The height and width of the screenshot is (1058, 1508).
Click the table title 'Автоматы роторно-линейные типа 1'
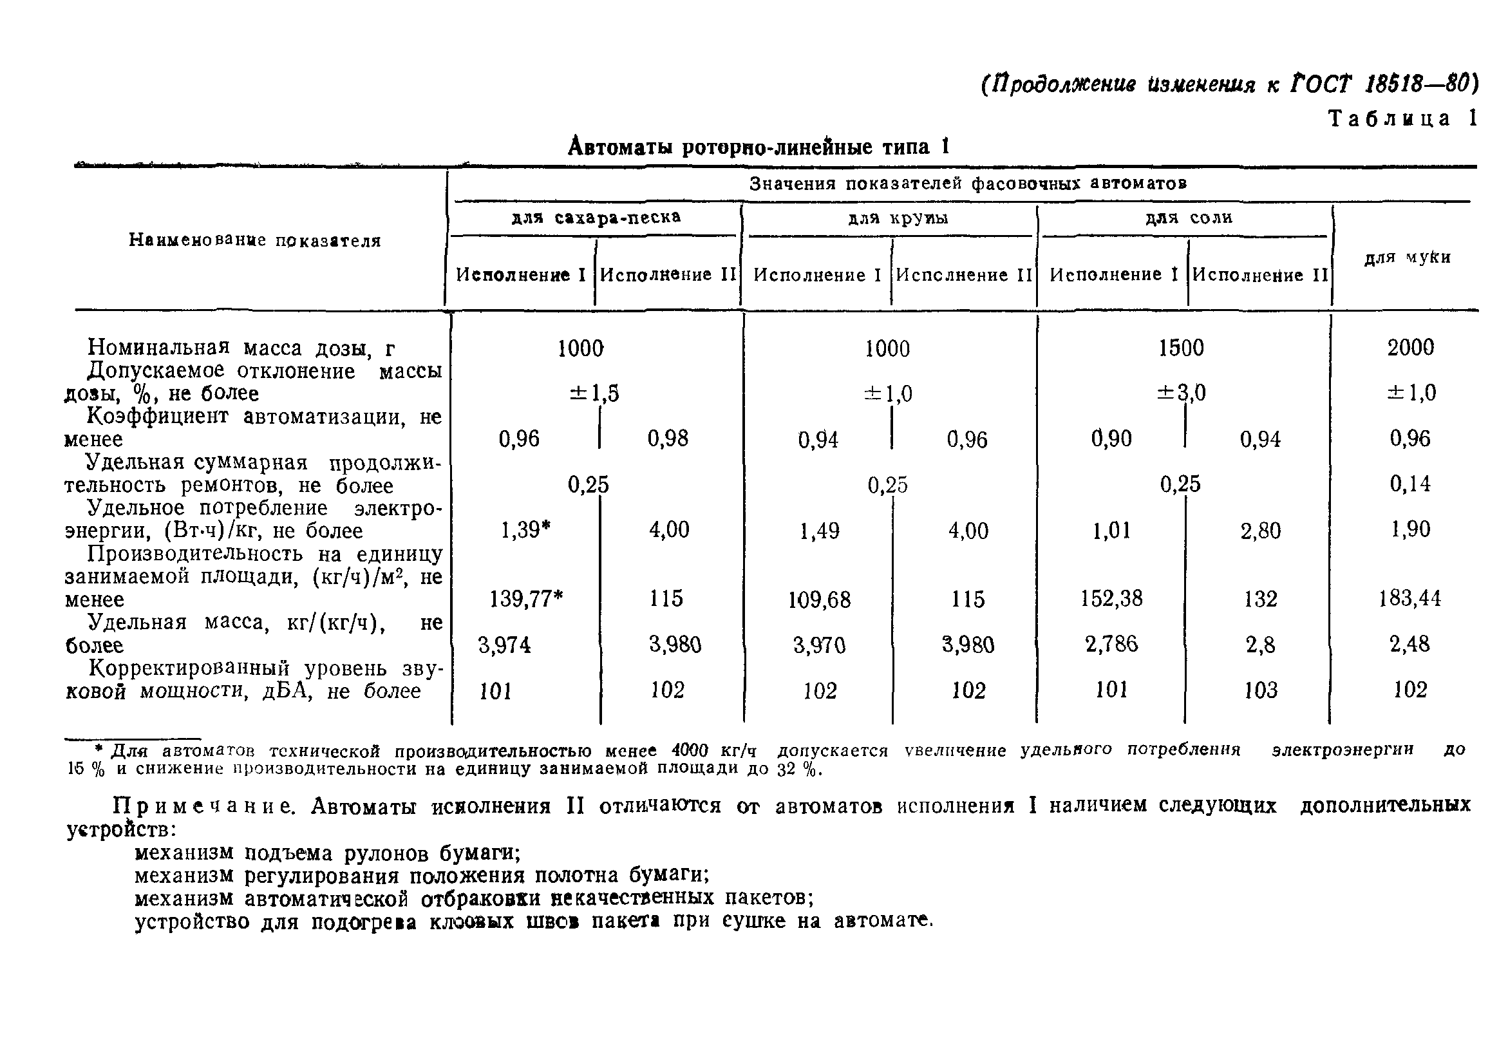tap(759, 146)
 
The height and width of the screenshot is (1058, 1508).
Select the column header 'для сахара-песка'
tap(596, 218)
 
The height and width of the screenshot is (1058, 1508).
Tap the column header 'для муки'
tap(1407, 258)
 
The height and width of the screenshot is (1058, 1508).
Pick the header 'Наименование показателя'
tap(255, 240)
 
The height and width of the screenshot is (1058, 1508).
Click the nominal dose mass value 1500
tap(1181, 348)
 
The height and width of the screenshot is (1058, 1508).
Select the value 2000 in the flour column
tap(1410, 348)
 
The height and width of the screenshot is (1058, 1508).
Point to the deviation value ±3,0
tap(1181, 393)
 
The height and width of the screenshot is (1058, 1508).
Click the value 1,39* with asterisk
tap(525, 530)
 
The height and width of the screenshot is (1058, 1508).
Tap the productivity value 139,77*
tap(526, 598)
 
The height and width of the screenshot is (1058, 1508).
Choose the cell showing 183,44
tap(1409, 598)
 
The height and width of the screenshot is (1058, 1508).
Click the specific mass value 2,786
tap(1111, 644)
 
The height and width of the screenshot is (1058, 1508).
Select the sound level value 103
tap(1260, 690)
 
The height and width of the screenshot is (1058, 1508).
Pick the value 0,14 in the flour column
tap(1409, 484)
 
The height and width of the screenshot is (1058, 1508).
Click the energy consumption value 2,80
tap(1260, 531)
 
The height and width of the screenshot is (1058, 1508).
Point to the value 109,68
tap(819, 600)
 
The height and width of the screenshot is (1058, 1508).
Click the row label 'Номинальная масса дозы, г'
tap(241, 348)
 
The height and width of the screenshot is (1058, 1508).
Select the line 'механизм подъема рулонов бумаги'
tap(327, 853)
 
